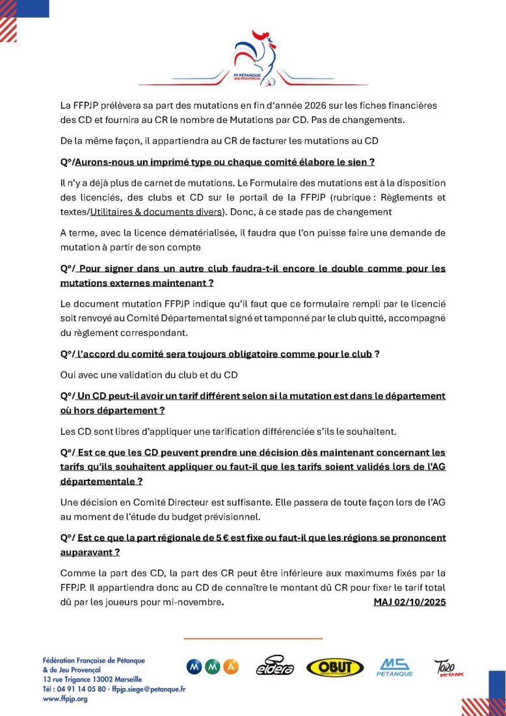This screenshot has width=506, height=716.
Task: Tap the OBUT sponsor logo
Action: [x=335, y=667]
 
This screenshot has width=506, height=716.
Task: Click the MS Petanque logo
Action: [x=395, y=667]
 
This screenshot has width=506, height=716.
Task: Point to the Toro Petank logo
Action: [x=449, y=667]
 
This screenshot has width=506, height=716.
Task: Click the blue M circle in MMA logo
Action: [x=194, y=667]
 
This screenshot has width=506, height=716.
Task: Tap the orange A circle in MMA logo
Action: [x=231, y=667]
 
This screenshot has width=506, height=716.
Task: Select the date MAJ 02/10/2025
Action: [x=409, y=602]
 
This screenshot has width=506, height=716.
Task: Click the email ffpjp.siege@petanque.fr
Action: [x=148, y=689]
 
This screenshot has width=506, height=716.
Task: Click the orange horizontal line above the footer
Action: [x=253, y=639]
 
